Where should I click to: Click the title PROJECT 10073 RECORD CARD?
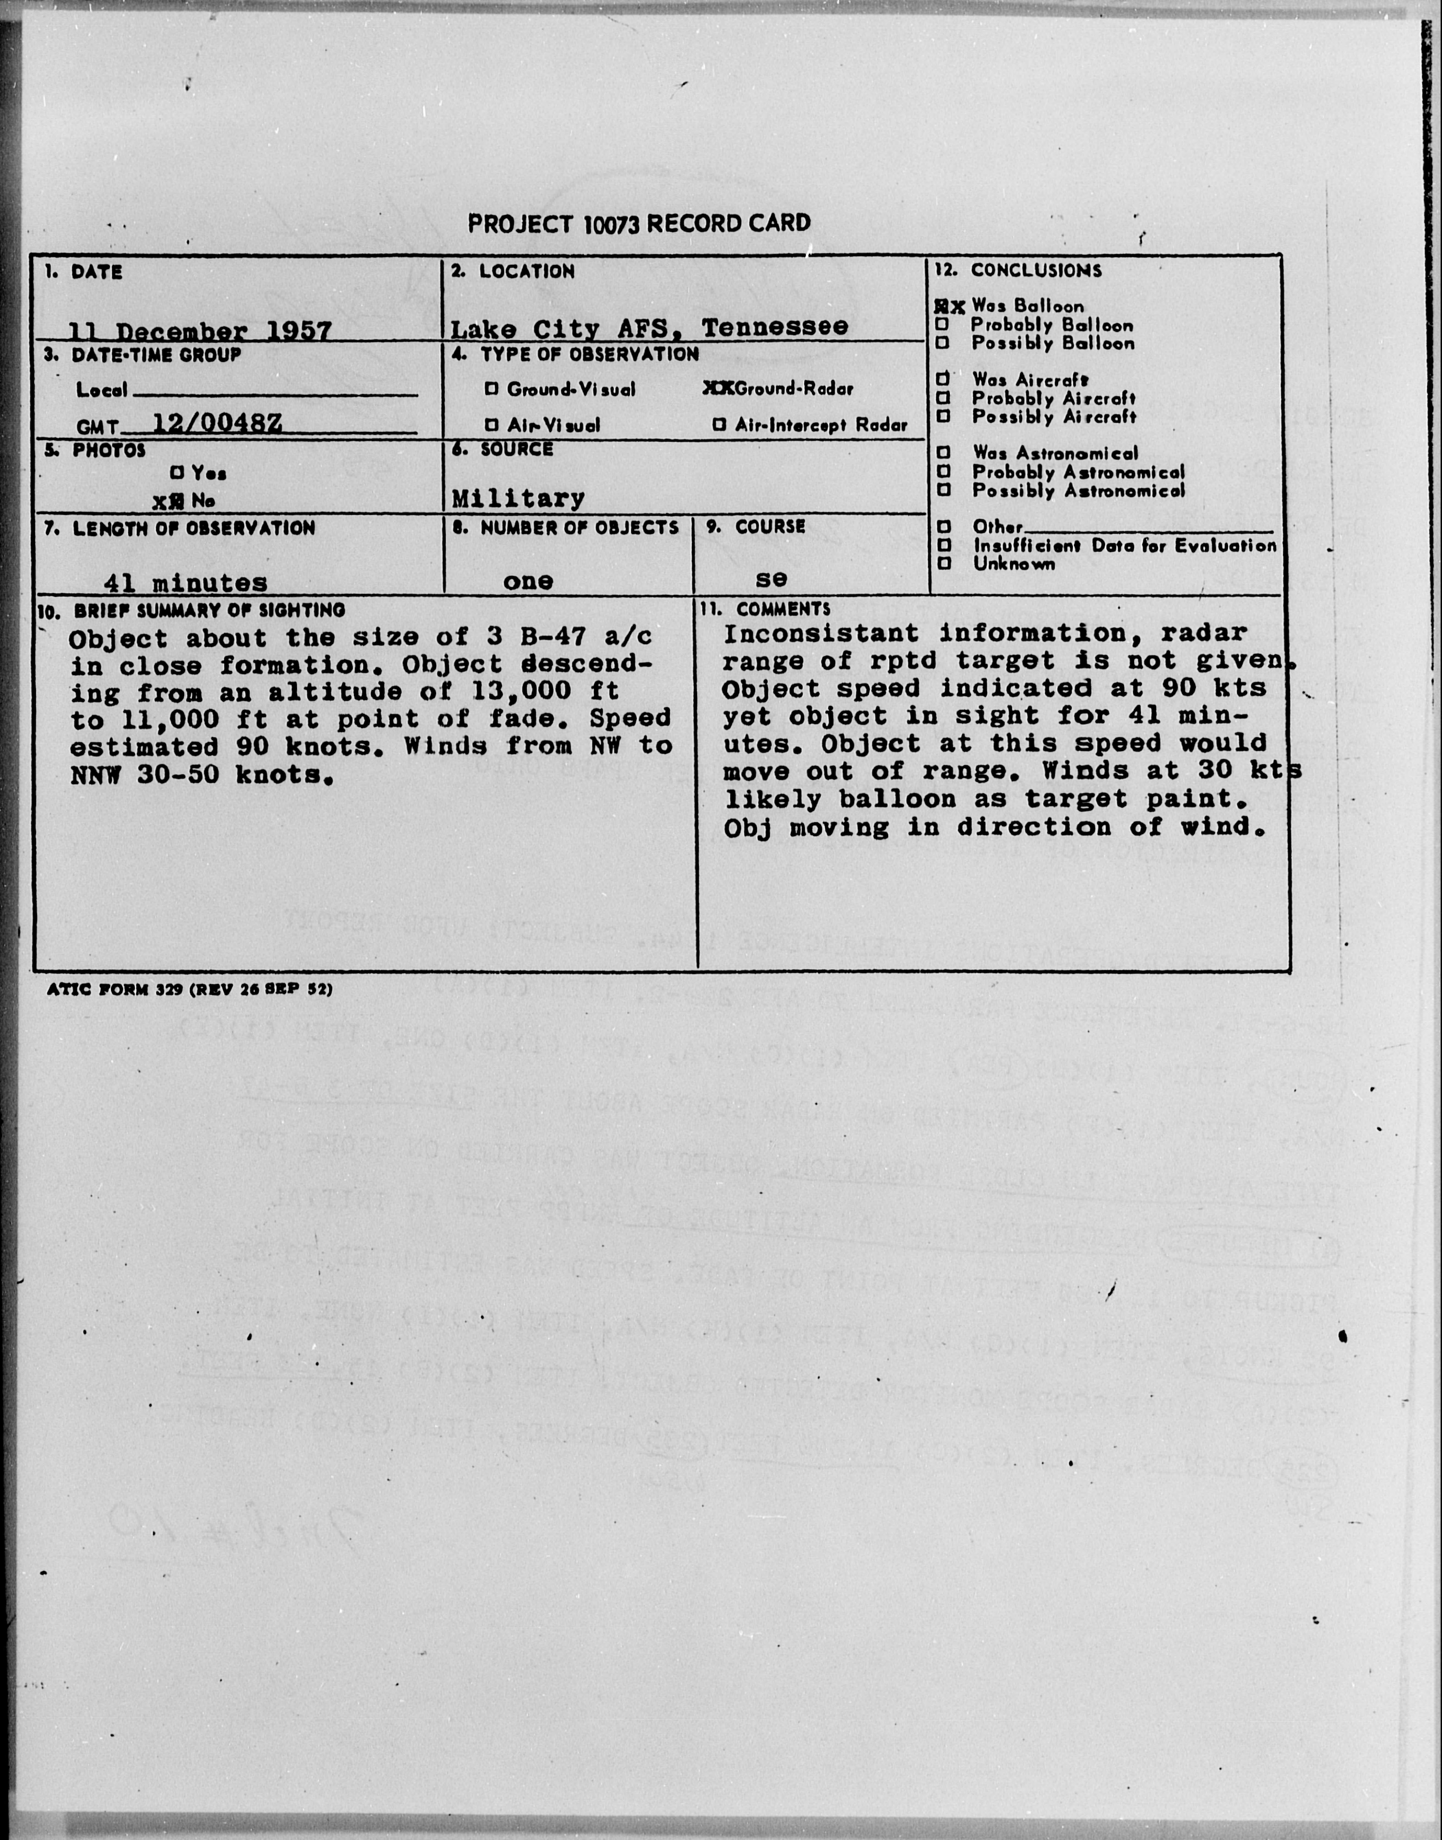(639, 224)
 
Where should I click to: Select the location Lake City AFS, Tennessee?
(649, 328)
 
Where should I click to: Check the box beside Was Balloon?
(942, 307)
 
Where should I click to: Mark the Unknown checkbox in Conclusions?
(945, 563)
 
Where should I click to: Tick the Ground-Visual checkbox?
(491, 389)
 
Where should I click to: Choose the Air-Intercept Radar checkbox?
(719, 425)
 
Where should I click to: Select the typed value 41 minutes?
(185, 582)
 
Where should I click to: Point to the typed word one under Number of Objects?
(528, 581)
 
